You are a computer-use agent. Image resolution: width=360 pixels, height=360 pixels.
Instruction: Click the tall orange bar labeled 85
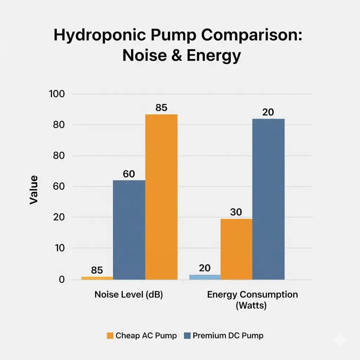(161, 197)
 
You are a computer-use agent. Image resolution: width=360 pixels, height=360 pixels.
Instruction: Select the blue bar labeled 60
(129, 230)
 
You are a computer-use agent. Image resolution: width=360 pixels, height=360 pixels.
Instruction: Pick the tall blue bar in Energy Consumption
(269, 199)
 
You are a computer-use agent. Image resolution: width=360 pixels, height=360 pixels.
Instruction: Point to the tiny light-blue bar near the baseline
(205, 277)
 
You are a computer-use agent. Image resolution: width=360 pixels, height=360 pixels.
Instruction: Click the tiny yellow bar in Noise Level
(97, 278)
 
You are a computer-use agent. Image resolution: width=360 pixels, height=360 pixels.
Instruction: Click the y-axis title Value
(34, 190)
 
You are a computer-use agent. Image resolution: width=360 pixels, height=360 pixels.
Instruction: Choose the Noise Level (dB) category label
(128, 295)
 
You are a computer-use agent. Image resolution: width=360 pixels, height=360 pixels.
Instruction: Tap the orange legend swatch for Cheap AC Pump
(110, 335)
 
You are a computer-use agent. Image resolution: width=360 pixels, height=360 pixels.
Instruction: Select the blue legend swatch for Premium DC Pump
(187, 335)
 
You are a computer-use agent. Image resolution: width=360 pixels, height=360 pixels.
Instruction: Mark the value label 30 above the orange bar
(236, 212)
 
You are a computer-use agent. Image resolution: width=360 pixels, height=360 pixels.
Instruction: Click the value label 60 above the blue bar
(129, 174)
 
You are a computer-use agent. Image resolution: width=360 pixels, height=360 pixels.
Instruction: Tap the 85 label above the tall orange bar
(161, 108)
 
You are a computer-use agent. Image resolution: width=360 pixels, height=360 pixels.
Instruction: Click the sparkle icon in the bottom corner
(341, 341)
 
